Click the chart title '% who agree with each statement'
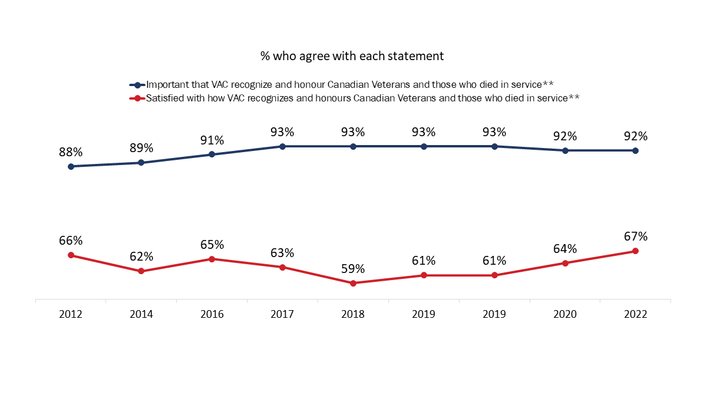[x=352, y=57]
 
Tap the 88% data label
[x=71, y=152]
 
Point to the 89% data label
[x=141, y=148]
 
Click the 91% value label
[x=212, y=140]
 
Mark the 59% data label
[x=353, y=269]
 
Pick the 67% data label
[x=636, y=236]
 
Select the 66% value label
[x=71, y=241]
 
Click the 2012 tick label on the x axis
[x=71, y=314]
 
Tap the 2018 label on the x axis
[x=353, y=314]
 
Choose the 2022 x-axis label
[x=636, y=314]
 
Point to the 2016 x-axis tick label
[x=212, y=314]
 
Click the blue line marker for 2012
[x=71, y=166]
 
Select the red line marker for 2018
[x=353, y=283]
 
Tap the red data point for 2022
[x=636, y=251]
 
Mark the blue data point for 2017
[x=283, y=146]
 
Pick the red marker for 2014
[x=141, y=271]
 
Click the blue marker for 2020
[x=565, y=150]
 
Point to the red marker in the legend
[x=137, y=98]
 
